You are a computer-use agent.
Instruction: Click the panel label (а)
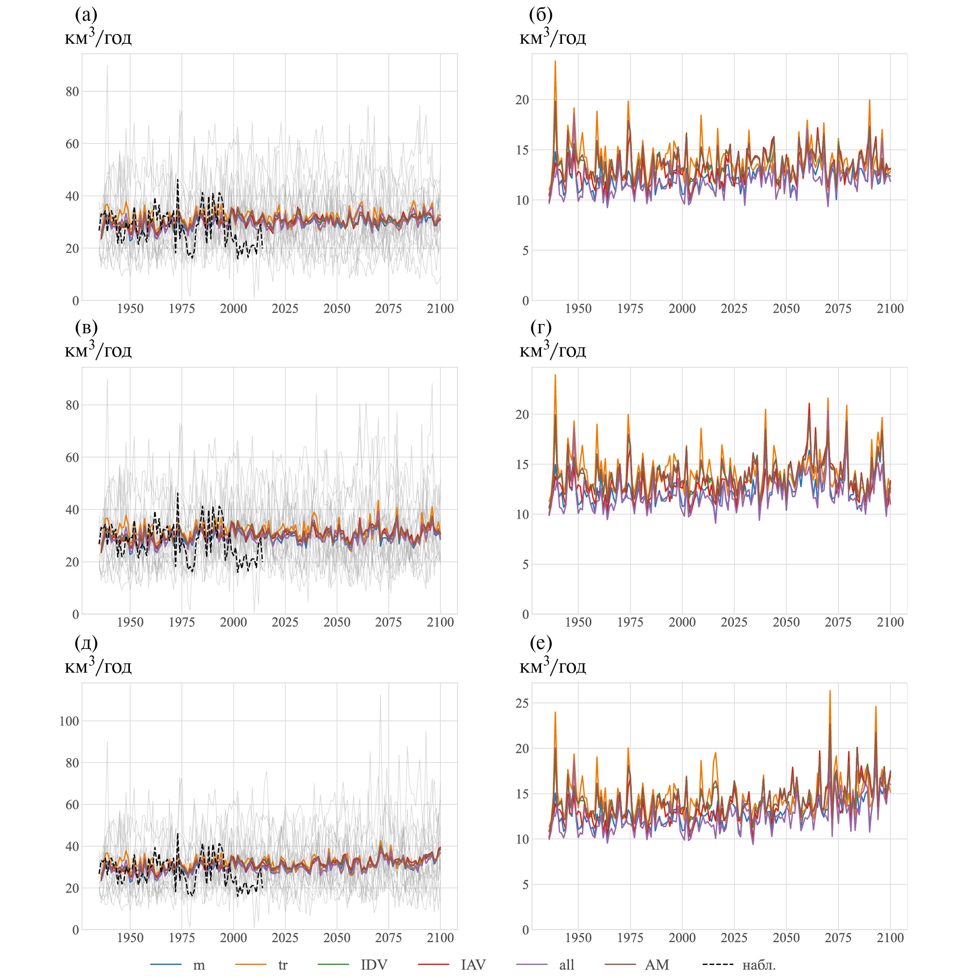tap(86, 15)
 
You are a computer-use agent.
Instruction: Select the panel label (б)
tap(541, 15)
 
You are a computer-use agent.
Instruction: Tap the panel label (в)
tap(86, 328)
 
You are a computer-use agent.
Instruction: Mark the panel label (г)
tap(541, 328)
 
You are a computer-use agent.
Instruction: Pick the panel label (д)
tap(86, 643)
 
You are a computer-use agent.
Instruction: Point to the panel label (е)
tap(541, 643)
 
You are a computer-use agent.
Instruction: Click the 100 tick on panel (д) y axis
tap(69, 721)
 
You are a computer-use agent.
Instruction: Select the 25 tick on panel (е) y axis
tap(522, 703)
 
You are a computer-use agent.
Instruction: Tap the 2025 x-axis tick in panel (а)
tap(285, 309)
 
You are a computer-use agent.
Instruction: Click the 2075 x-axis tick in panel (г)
tap(838, 622)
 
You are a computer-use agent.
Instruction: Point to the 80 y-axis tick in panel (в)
tap(72, 405)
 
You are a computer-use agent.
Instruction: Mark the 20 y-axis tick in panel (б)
tap(522, 100)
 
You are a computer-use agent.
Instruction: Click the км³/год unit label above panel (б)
tap(553, 37)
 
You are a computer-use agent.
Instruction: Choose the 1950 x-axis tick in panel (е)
tap(578, 938)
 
